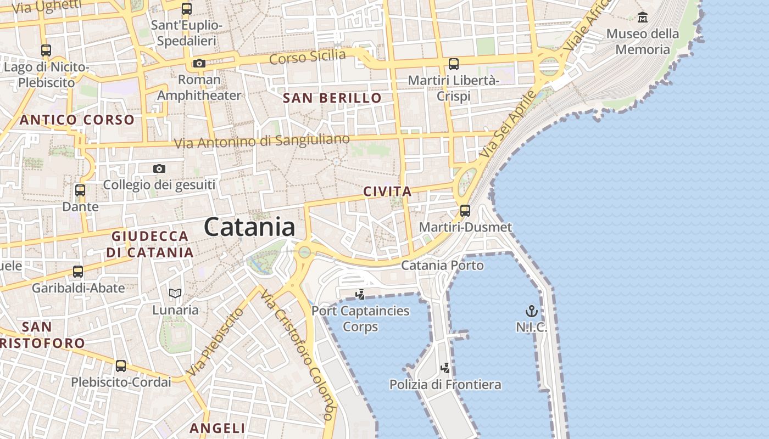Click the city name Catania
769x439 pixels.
[x=249, y=227]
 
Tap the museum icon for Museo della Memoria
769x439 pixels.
[x=642, y=18]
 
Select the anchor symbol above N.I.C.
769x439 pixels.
[x=531, y=312]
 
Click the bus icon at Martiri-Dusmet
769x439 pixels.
[x=465, y=211]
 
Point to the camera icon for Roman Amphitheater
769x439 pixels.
[x=199, y=64]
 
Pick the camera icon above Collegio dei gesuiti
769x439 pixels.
[x=159, y=168]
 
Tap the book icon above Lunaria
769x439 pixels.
[x=175, y=294]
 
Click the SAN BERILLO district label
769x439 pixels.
[x=332, y=98]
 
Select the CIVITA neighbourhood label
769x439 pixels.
[x=387, y=192]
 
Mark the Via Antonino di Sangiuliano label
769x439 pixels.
[x=261, y=141]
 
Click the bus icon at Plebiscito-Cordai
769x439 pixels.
[x=121, y=365]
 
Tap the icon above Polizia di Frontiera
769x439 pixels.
[x=445, y=368]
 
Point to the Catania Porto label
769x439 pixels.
[x=442, y=266]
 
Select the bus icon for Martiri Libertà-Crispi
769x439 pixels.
[x=454, y=64]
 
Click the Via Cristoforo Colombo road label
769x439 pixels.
[x=298, y=354]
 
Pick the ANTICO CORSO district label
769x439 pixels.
[x=77, y=120]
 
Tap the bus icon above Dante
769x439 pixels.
[x=80, y=190]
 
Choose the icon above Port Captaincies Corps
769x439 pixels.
[x=360, y=295]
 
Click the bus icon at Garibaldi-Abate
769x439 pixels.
[x=78, y=271]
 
